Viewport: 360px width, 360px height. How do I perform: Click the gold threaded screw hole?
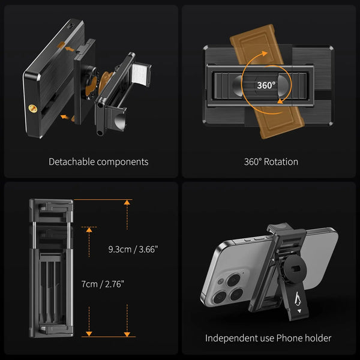coord(33,109)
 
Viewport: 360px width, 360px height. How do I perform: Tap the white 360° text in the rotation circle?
coord(266,85)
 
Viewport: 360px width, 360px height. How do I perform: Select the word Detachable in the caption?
coord(71,161)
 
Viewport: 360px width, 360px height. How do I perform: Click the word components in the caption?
coord(122,162)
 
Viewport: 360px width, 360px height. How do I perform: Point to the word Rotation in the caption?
coord(281,162)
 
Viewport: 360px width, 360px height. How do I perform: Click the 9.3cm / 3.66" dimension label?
coord(133,250)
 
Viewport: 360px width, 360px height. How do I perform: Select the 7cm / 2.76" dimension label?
coord(103,284)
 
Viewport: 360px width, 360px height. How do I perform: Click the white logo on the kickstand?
coord(298,299)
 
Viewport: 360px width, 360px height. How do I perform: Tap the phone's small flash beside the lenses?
coord(221,281)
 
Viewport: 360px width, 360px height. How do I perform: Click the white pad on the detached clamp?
coord(139,74)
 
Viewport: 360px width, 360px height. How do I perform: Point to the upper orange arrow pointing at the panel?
coord(70,49)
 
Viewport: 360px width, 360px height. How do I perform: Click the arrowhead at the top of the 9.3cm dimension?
coord(127,202)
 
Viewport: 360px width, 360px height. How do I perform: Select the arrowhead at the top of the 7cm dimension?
coord(89,230)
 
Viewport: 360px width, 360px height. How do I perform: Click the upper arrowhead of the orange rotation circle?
coord(265,53)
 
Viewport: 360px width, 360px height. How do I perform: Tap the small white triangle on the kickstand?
coord(299,311)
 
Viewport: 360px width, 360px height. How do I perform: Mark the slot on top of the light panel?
coord(71,26)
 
